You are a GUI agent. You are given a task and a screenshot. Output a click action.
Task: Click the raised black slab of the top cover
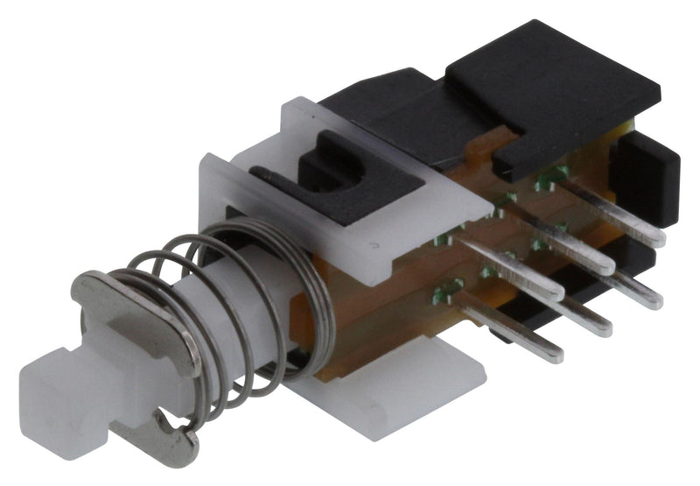[560, 96]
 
